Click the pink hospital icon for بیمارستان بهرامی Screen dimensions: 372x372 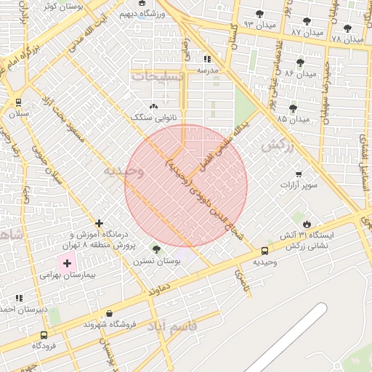(68, 264)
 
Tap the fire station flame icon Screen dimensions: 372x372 (307, 223)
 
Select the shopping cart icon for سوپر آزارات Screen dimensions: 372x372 (299, 174)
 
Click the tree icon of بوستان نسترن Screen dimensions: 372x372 (156, 249)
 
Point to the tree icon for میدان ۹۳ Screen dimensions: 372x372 (260, 14)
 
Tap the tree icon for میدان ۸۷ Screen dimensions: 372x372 (306, 22)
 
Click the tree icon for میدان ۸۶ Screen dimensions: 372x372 (300, 62)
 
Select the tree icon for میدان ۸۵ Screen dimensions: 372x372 (293, 108)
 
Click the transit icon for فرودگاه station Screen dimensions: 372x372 (44, 335)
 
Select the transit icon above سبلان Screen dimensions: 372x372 (17, 102)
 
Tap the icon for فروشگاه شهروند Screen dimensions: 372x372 (109, 313)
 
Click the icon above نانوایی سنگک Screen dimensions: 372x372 (153, 106)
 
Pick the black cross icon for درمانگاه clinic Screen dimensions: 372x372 (100, 223)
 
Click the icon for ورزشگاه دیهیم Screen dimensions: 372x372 (142, 4)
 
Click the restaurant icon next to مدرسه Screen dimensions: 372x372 (207, 59)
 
